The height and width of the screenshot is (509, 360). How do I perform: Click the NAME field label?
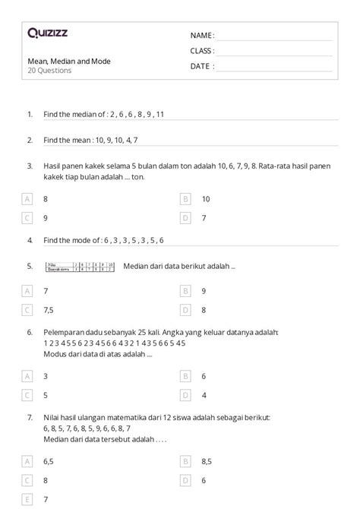pyautogui.click(x=202, y=35)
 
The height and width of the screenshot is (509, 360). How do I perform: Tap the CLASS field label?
pyautogui.click(x=202, y=50)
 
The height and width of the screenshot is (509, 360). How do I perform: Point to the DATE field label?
pyautogui.click(x=202, y=65)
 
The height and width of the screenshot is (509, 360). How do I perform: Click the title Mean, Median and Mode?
pyautogui.click(x=68, y=60)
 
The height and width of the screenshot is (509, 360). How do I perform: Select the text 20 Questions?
pyautogui.click(x=49, y=70)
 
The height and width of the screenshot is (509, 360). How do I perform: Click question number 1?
pyautogui.click(x=30, y=114)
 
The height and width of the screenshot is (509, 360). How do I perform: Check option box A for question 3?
pyautogui.click(x=27, y=198)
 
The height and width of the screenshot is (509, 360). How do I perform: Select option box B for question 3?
pyautogui.click(x=185, y=198)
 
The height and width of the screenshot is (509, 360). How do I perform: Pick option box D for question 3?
pyautogui.click(x=185, y=217)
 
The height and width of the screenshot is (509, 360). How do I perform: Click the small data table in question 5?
pyautogui.click(x=79, y=267)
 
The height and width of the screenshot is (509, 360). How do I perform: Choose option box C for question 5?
pyautogui.click(x=27, y=309)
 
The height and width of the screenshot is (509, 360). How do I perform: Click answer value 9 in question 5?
pyautogui.click(x=204, y=290)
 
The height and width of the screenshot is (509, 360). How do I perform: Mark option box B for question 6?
pyautogui.click(x=185, y=375)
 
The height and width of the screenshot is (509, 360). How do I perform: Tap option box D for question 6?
pyautogui.click(x=185, y=394)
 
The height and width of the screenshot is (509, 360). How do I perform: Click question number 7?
pyautogui.click(x=30, y=417)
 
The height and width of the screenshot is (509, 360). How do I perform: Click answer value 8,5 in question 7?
pyautogui.click(x=207, y=460)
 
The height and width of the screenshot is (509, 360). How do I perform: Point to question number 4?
pyautogui.click(x=30, y=240)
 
